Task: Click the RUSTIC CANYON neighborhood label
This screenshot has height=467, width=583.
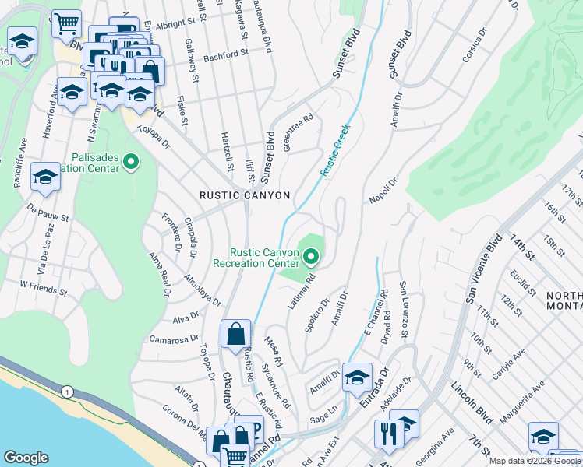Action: click(x=244, y=195)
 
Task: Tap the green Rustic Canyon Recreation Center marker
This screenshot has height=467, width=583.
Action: click(x=312, y=255)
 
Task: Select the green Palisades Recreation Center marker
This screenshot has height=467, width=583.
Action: click(x=131, y=163)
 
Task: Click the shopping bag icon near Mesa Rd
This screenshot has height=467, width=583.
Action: click(x=235, y=335)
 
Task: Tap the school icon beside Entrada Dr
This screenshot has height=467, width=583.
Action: click(x=357, y=377)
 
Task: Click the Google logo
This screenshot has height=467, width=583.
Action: click(x=26, y=458)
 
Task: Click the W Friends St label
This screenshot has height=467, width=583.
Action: click(x=44, y=287)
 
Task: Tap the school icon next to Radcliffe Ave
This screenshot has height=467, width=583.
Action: click(x=45, y=177)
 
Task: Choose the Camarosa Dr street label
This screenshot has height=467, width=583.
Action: click(x=175, y=339)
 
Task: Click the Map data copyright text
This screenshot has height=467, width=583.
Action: click(x=535, y=461)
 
